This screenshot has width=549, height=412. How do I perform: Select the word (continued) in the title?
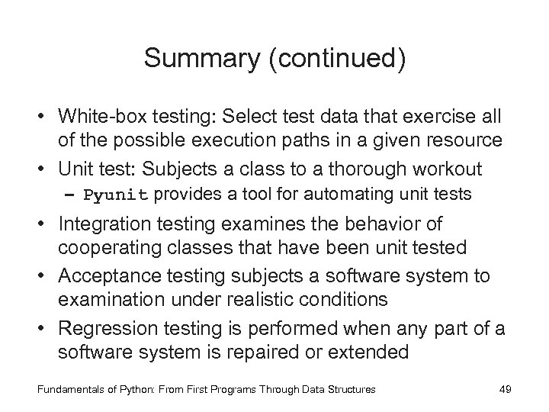pyautogui.click(x=339, y=58)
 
